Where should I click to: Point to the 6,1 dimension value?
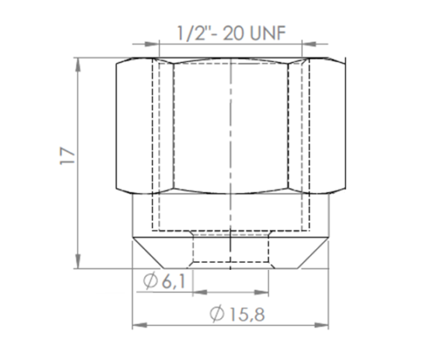coord(174,283)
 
